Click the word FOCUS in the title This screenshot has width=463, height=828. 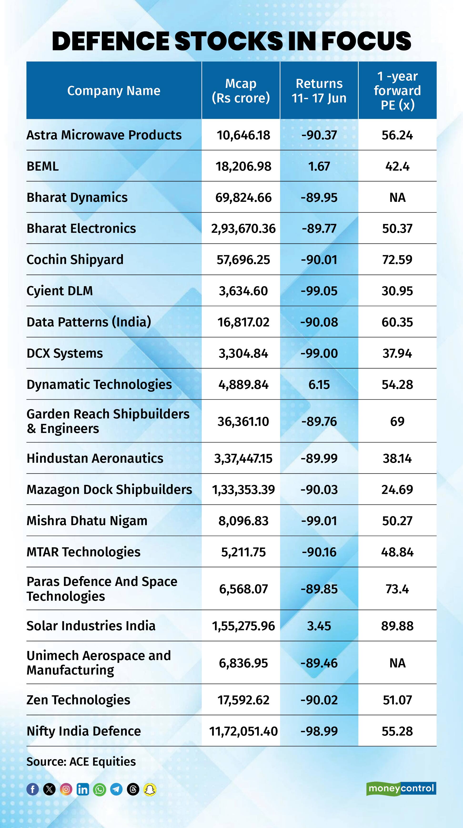click(x=366, y=42)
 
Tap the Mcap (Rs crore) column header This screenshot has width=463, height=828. click(x=241, y=91)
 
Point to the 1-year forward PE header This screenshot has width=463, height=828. click(x=398, y=91)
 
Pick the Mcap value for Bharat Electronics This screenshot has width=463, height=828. click(x=243, y=229)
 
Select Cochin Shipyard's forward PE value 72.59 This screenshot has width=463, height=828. click(x=397, y=260)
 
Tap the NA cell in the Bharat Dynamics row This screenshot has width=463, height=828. click(x=398, y=197)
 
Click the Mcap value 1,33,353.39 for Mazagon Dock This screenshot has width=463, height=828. click(x=243, y=490)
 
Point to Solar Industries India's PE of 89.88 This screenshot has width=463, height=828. click(x=397, y=626)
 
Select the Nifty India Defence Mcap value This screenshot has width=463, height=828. click(x=243, y=731)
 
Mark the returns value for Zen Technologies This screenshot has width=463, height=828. click(x=319, y=700)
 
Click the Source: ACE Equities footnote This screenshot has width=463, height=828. click(x=81, y=762)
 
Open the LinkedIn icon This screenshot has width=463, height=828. click(x=83, y=789)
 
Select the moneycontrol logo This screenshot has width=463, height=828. click(x=401, y=789)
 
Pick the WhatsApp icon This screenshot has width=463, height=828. click(x=100, y=789)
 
